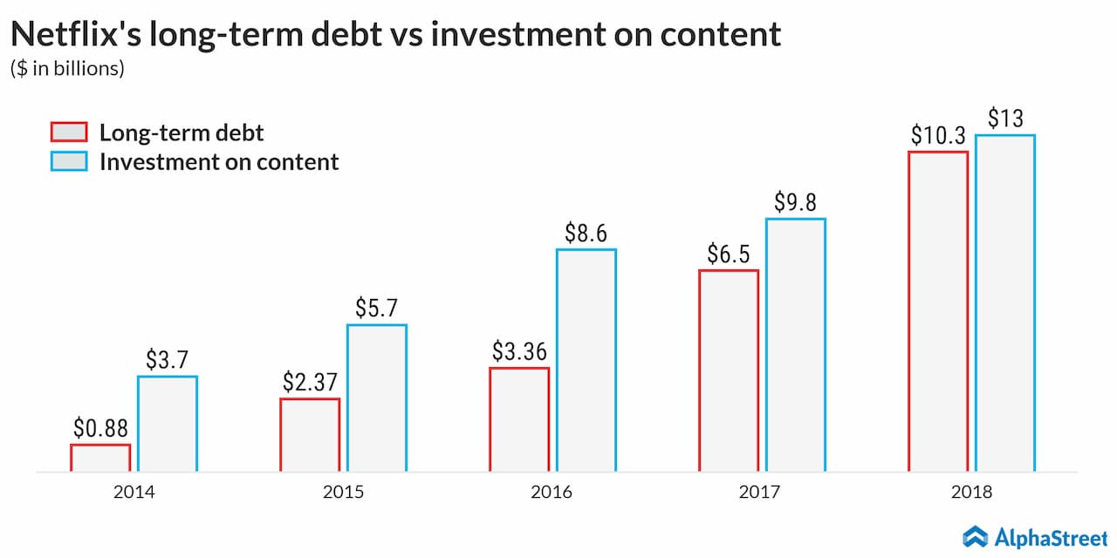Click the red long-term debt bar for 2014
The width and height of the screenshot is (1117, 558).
pyautogui.click(x=100, y=458)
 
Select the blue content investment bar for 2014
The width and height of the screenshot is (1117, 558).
pyautogui.click(x=168, y=424)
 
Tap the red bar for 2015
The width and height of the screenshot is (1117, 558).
pyautogui.click(x=310, y=435)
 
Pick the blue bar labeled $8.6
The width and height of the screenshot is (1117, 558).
pyautogui.click(x=586, y=360)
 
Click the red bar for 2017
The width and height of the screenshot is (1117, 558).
pyautogui.click(x=729, y=371)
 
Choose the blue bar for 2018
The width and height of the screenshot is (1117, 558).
pyautogui.click(x=1005, y=303)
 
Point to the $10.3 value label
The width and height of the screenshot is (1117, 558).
pyautogui.click(x=938, y=136)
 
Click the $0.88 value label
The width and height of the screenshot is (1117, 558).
pyautogui.click(x=100, y=429)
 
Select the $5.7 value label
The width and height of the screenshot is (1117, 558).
pyautogui.click(x=377, y=309)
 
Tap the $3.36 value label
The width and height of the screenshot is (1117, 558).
pyautogui.click(x=519, y=352)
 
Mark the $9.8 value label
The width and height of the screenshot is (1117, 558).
pyautogui.click(x=796, y=202)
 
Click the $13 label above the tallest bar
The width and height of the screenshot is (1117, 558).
pyautogui.click(x=1005, y=119)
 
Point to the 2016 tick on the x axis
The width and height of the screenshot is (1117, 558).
pyautogui.click(x=552, y=492)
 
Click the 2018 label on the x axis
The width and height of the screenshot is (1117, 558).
pyautogui.click(x=971, y=492)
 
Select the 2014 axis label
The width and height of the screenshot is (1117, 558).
pyautogui.click(x=134, y=492)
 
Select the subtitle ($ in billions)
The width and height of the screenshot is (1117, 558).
pyautogui.click(x=67, y=69)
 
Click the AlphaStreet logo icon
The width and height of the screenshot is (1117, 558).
pyautogui.click(x=975, y=535)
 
